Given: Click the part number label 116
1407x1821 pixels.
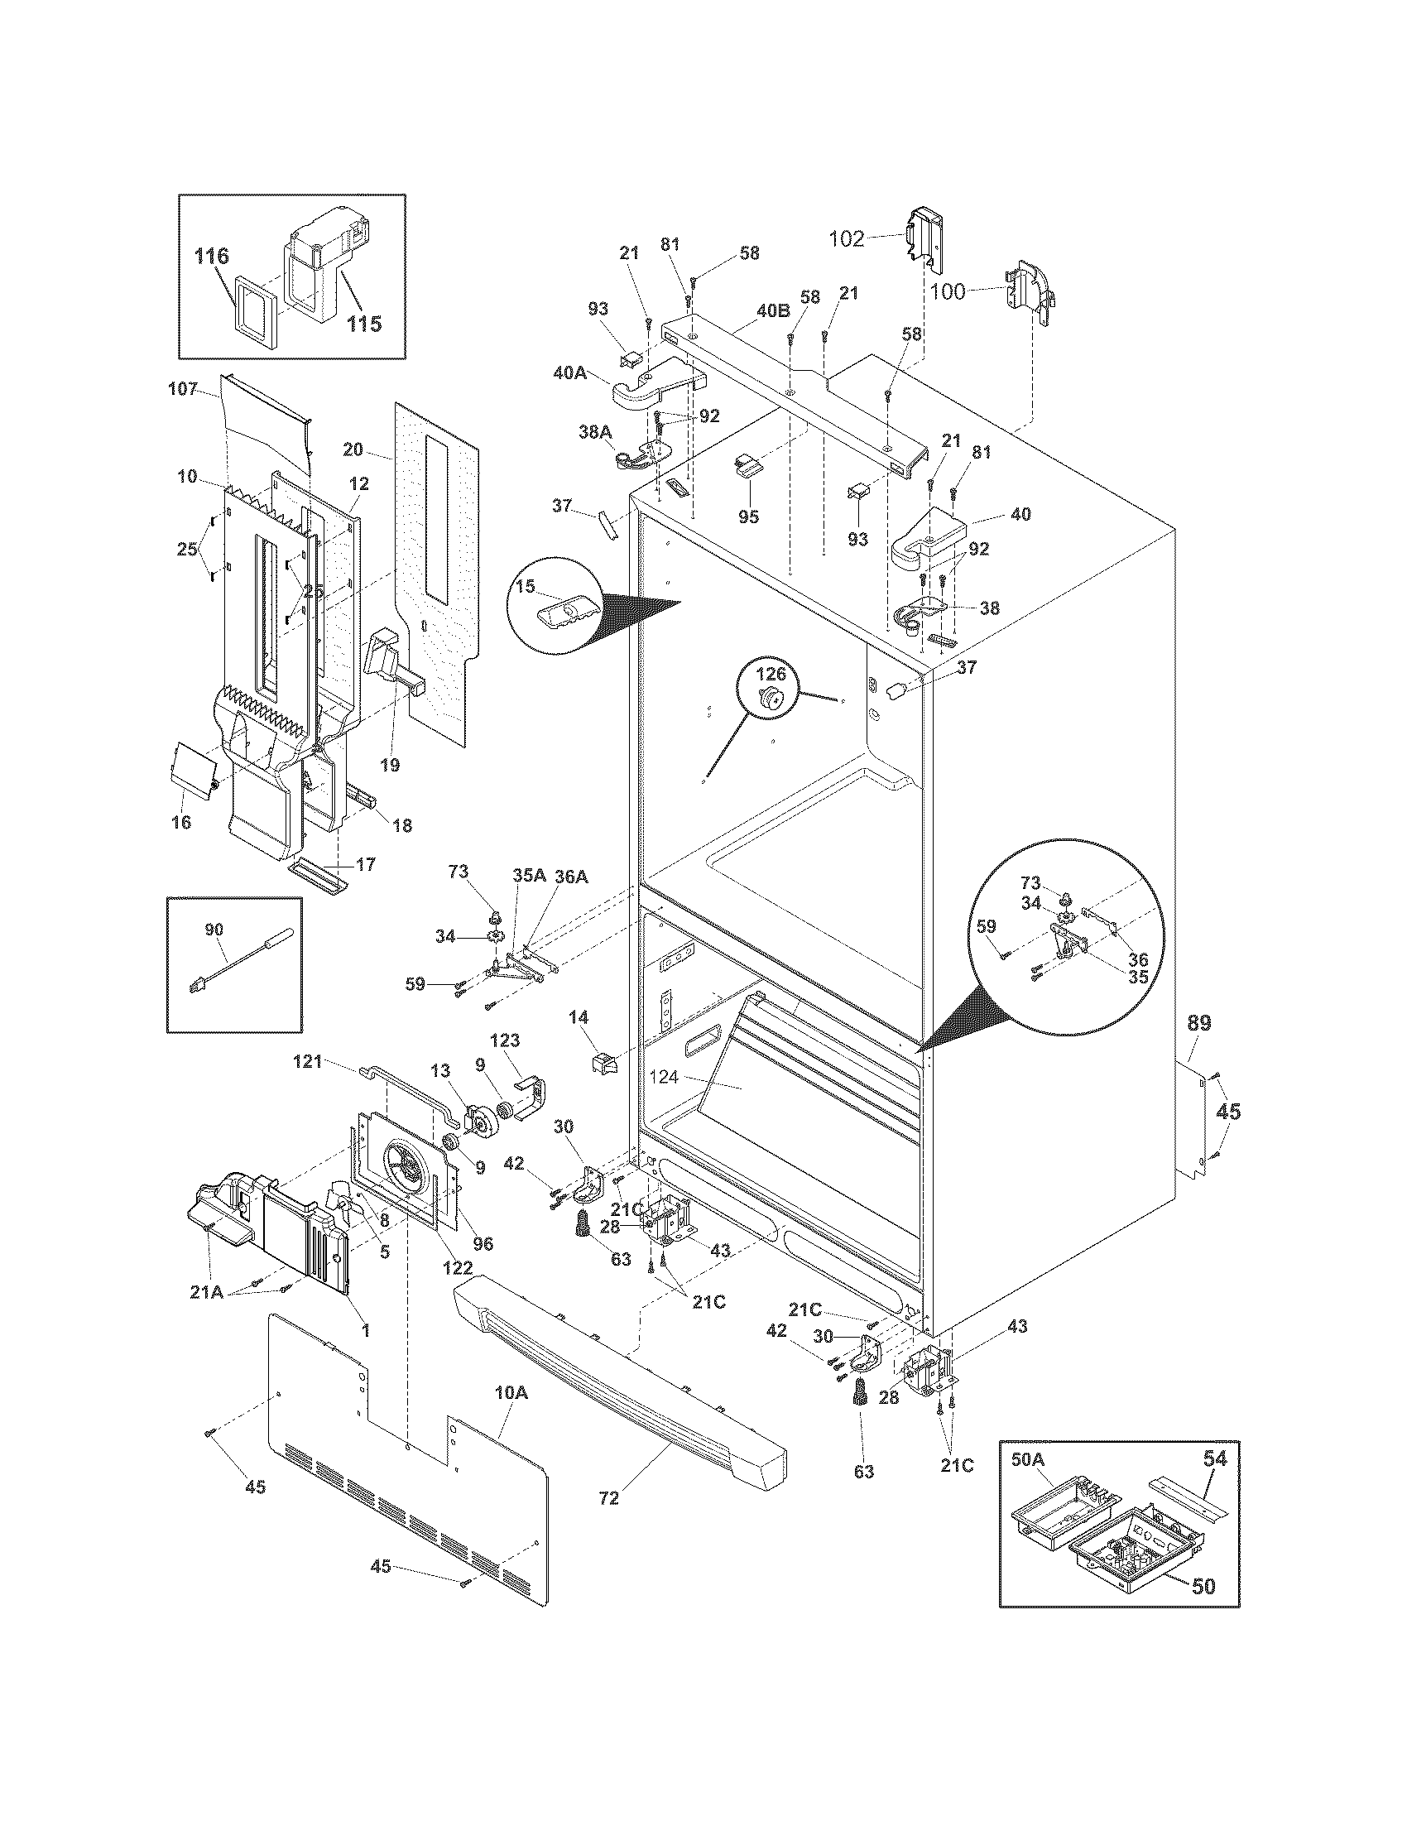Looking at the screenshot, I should [x=212, y=256].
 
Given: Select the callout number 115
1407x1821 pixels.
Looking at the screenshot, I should [x=364, y=323].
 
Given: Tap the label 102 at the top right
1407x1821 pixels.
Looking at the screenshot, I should [x=846, y=239].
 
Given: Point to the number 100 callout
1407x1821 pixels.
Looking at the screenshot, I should [x=947, y=292].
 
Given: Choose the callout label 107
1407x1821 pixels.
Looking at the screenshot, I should [x=182, y=388].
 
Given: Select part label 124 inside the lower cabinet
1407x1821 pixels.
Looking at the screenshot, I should [x=665, y=1076].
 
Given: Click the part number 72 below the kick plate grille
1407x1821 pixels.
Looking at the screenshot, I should [x=608, y=1498].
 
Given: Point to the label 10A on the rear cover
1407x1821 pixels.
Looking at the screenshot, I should [x=511, y=1393].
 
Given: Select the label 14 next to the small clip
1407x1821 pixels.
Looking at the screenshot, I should [x=579, y=1017].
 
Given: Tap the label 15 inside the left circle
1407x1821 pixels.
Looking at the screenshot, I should [x=525, y=587].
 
